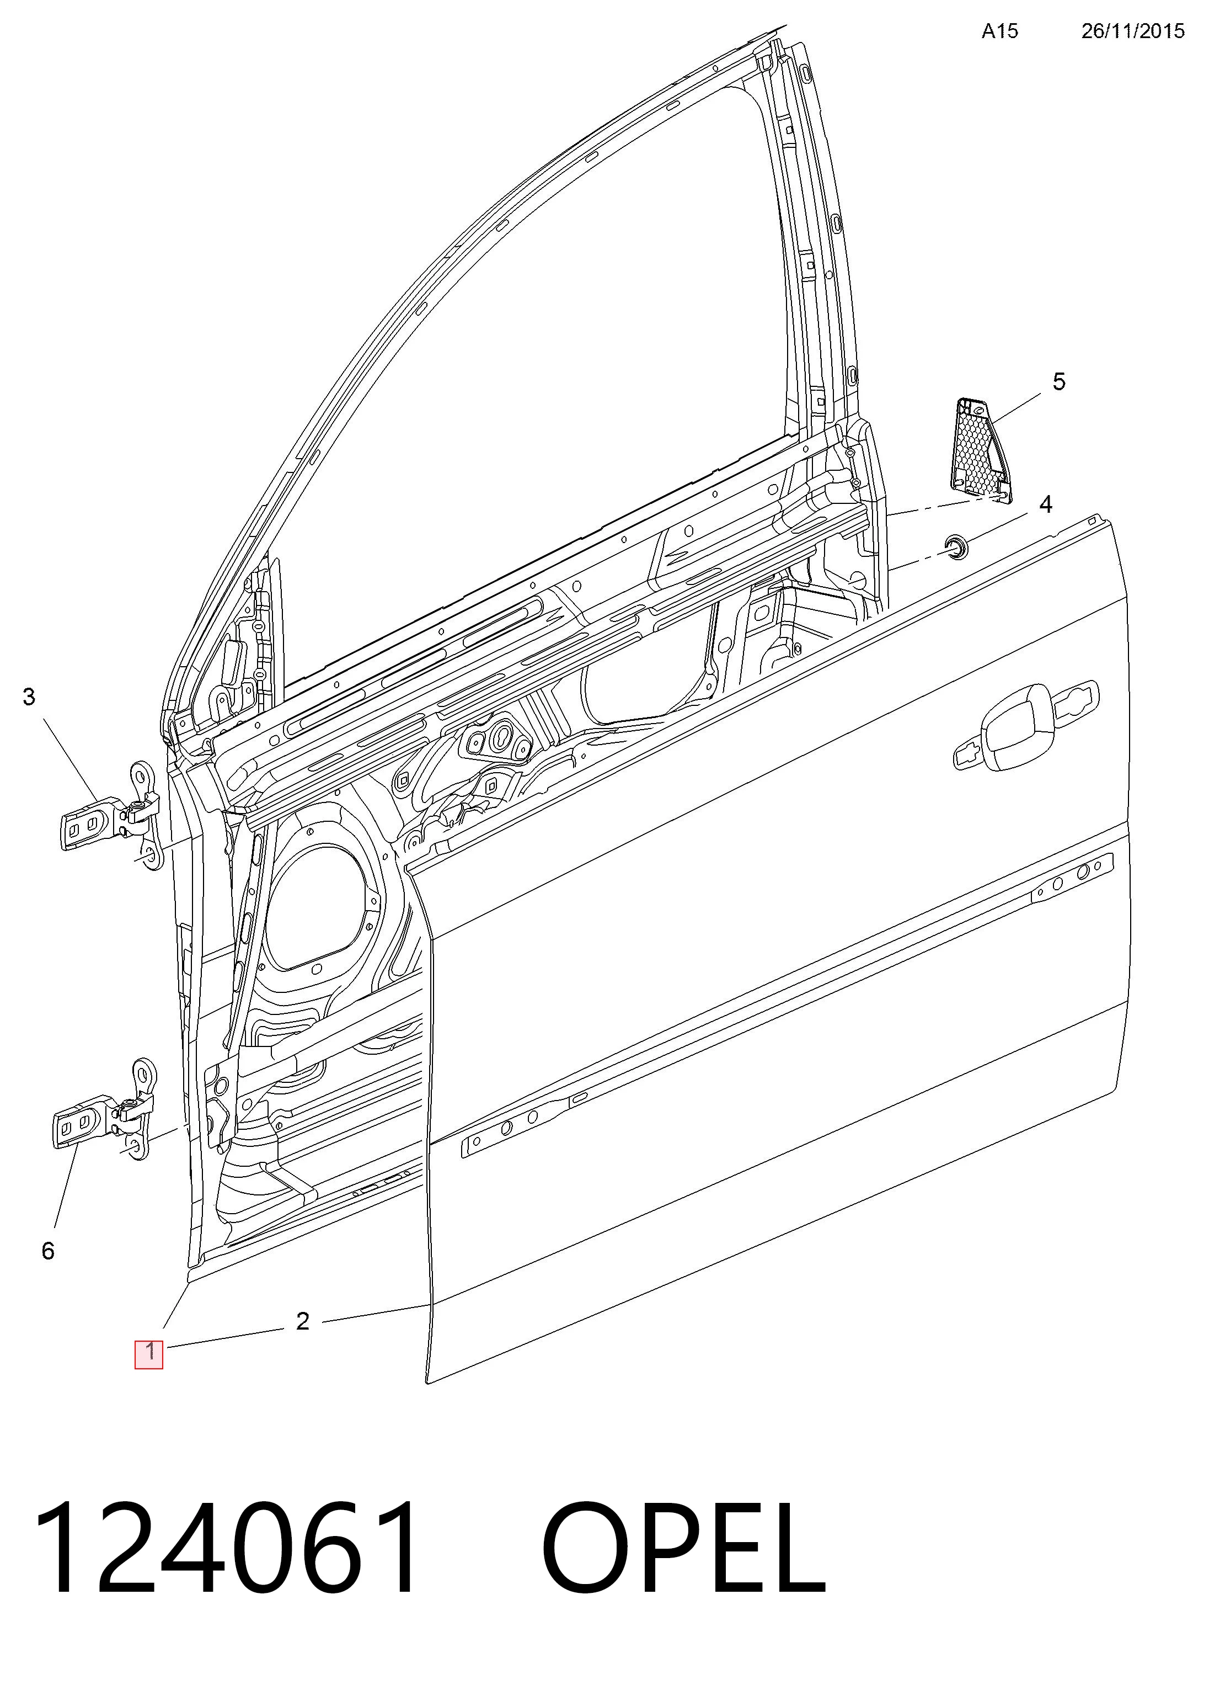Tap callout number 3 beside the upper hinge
(29, 697)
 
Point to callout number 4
(1045, 504)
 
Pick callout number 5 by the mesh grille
(1058, 381)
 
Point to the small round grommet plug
(956, 547)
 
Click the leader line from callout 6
(67, 1188)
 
